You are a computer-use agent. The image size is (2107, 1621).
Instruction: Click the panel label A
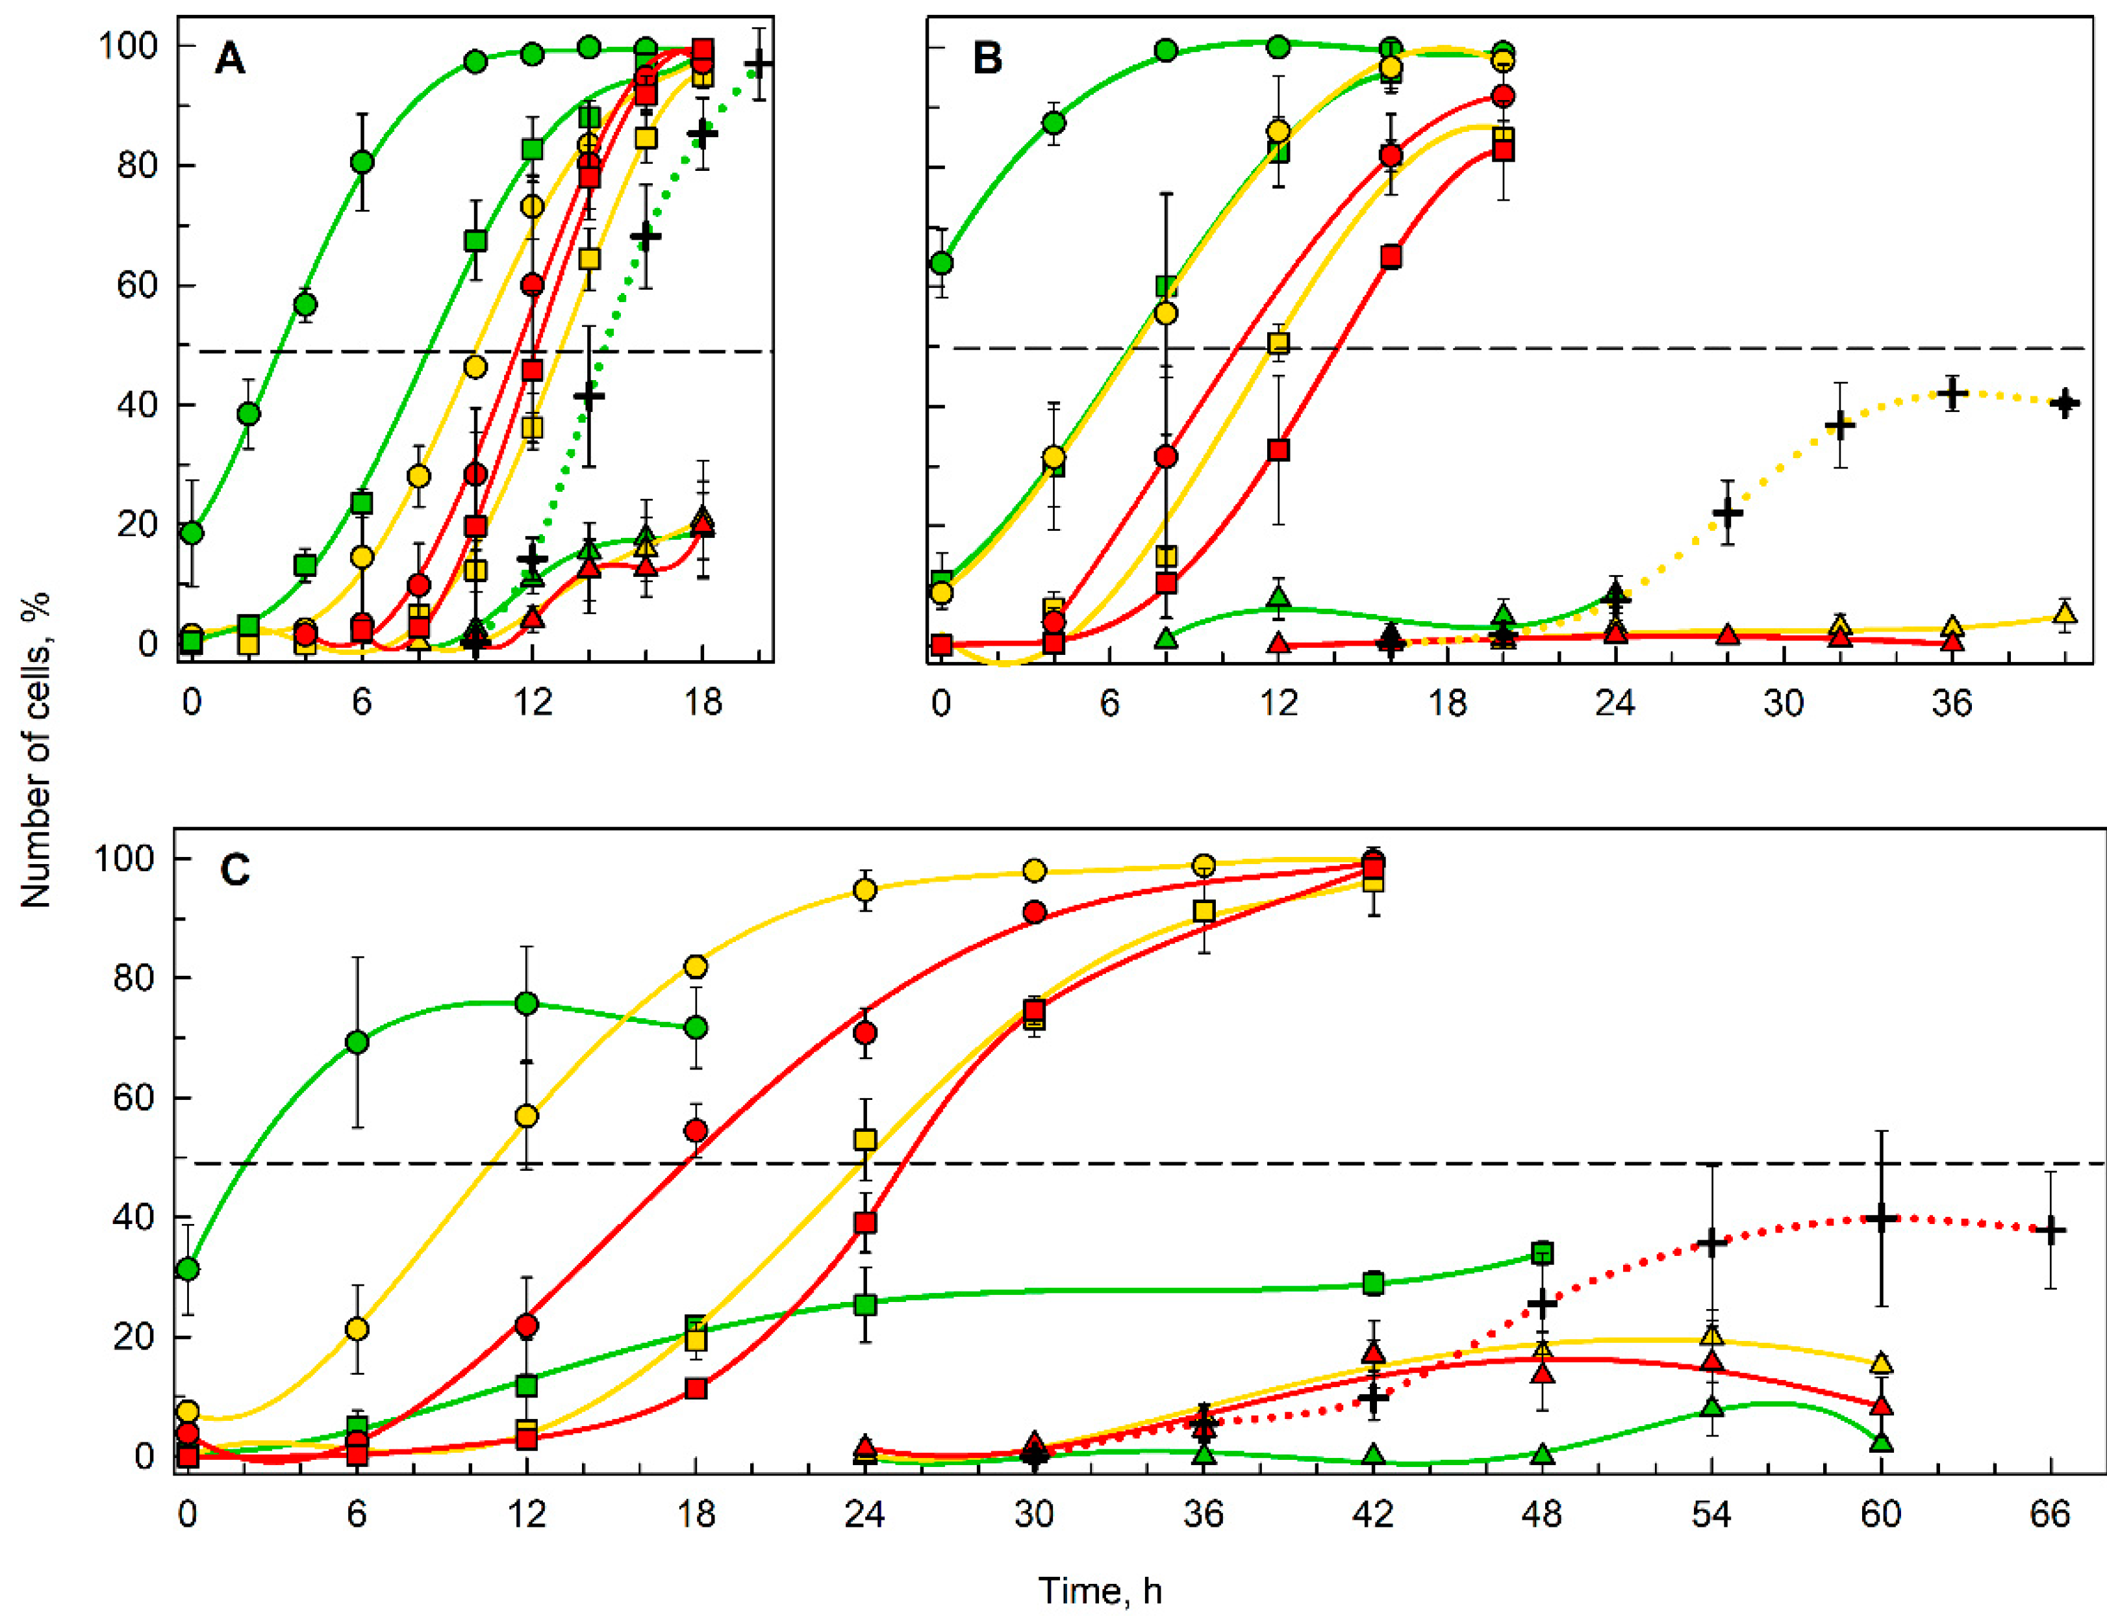(x=230, y=60)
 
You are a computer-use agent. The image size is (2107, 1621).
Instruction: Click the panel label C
(x=235, y=871)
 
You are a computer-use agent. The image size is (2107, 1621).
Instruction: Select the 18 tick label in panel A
(x=703, y=702)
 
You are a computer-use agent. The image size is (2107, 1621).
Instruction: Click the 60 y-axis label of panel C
(x=131, y=1098)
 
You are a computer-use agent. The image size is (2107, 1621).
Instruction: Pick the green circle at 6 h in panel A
(x=362, y=162)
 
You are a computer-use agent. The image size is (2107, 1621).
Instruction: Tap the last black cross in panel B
(x=2065, y=403)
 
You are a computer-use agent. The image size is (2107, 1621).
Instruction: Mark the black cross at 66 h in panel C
(x=2051, y=1231)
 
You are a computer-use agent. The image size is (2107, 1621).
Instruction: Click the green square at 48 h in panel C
(x=1542, y=1253)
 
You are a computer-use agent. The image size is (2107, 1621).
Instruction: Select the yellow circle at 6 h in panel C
(x=357, y=1329)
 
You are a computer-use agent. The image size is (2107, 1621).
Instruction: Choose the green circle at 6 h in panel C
(x=357, y=1042)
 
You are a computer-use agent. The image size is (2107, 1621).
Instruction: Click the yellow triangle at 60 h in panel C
(x=1881, y=1363)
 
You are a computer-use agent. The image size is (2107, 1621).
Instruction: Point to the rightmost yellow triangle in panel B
(x=2065, y=613)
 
